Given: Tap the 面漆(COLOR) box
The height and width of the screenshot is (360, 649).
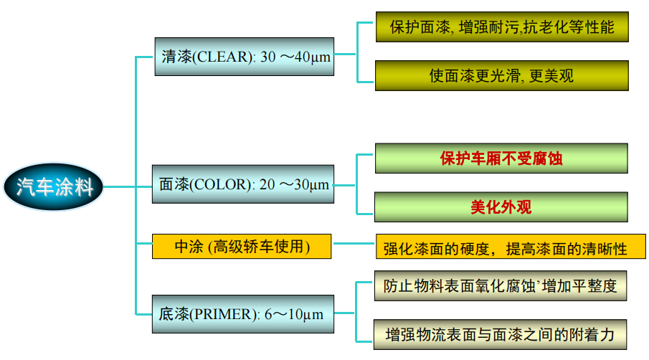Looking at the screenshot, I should [x=243, y=184].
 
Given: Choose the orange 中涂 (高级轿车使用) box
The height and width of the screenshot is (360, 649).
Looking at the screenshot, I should [x=242, y=247].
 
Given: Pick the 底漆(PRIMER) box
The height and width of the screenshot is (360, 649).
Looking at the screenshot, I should [x=243, y=313].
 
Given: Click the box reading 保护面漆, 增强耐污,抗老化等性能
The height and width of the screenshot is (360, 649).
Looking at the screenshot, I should [x=502, y=27].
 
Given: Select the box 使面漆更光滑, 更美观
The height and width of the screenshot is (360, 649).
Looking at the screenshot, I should [x=502, y=75].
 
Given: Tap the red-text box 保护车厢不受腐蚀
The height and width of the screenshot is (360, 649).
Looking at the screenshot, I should [x=501, y=158].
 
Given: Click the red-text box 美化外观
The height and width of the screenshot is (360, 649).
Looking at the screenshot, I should [x=501, y=207].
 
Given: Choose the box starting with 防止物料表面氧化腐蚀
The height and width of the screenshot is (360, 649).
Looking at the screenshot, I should [x=501, y=286].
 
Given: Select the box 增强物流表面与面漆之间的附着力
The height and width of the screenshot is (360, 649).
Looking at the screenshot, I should [x=501, y=334].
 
